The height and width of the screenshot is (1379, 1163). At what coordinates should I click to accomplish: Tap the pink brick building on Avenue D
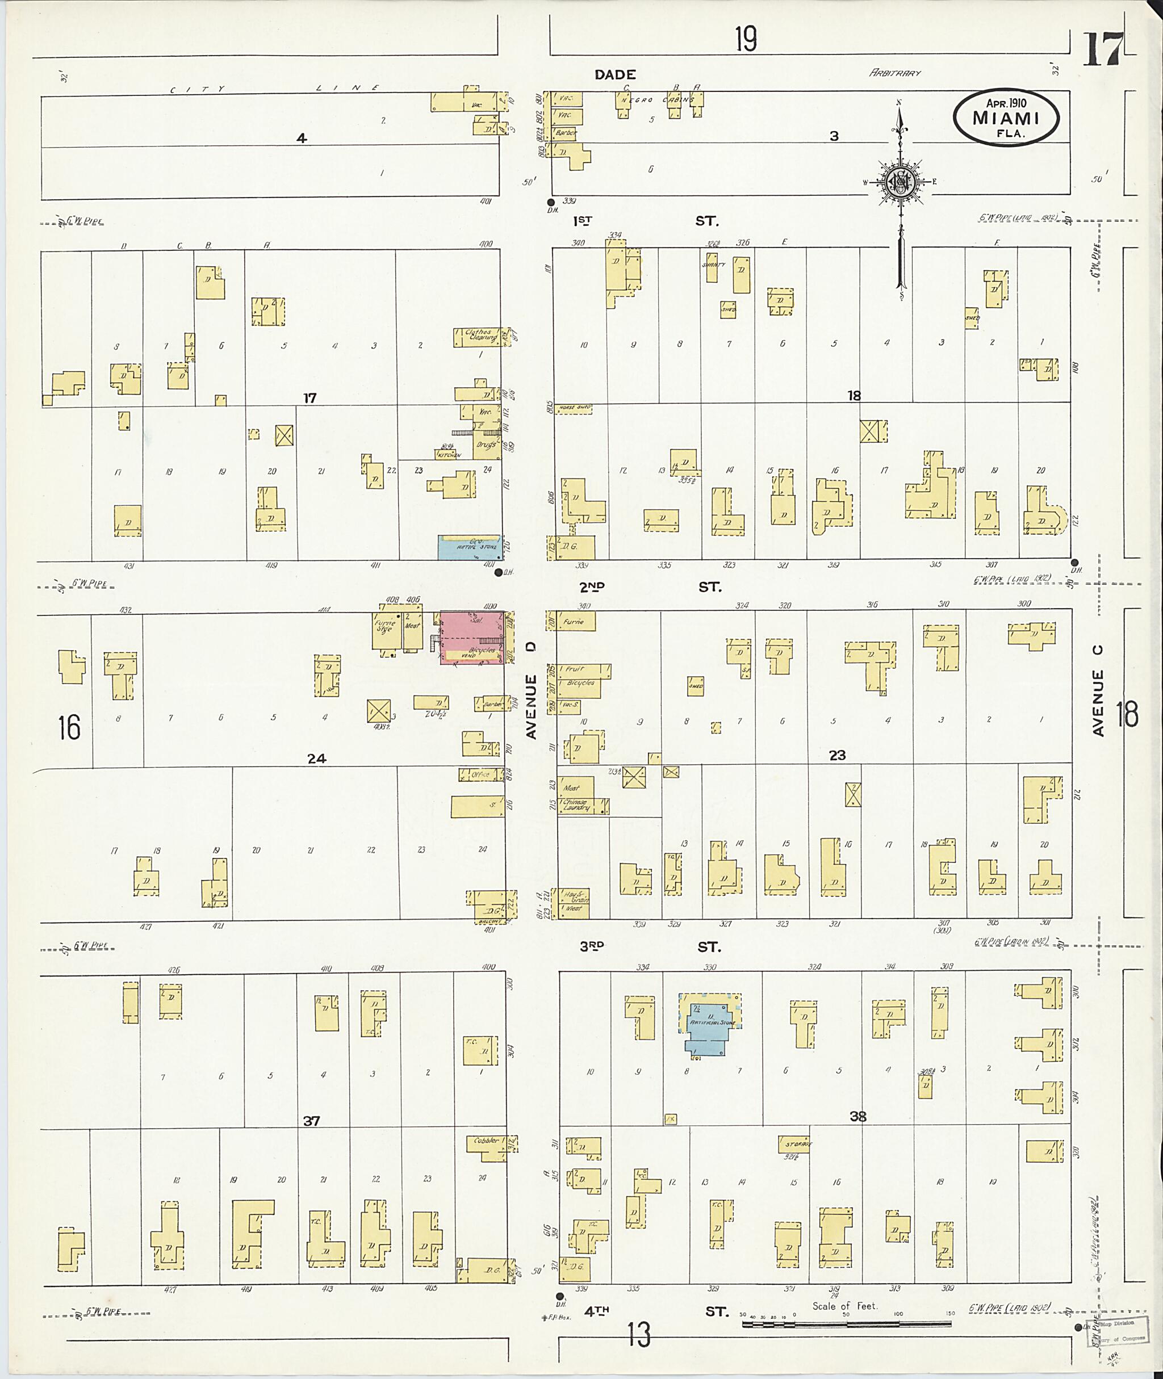pyautogui.click(x=472, y=638)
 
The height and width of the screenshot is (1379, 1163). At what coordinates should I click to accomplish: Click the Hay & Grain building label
pyautogui.click(x=573, y=897)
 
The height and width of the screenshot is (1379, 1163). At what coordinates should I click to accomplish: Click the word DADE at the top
pyautogui.click(x=614, y=75)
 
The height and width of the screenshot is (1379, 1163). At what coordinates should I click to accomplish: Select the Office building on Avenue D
pyautogui.click(x=480, y=775)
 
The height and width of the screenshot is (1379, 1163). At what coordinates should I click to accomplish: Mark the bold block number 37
pyautogui.click(x=311, y=1120)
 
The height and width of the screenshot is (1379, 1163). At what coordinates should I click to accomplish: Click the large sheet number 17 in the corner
pyautogui.click(x=1101, y=49)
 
